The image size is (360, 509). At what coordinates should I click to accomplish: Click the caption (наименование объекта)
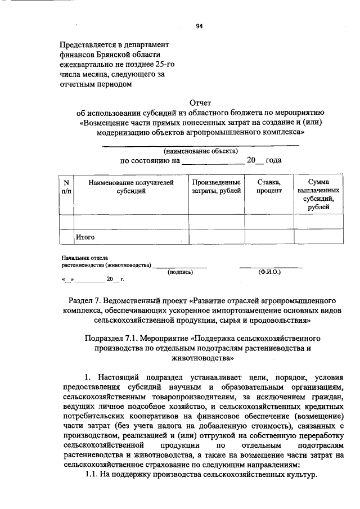(x=200, y=151)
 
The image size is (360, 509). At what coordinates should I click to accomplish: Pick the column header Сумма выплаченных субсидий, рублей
(x=318, y=196)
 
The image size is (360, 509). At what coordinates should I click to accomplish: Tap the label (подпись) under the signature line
(x=181, y=272)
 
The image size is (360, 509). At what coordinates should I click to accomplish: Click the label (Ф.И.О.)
(x=269, y=272)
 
